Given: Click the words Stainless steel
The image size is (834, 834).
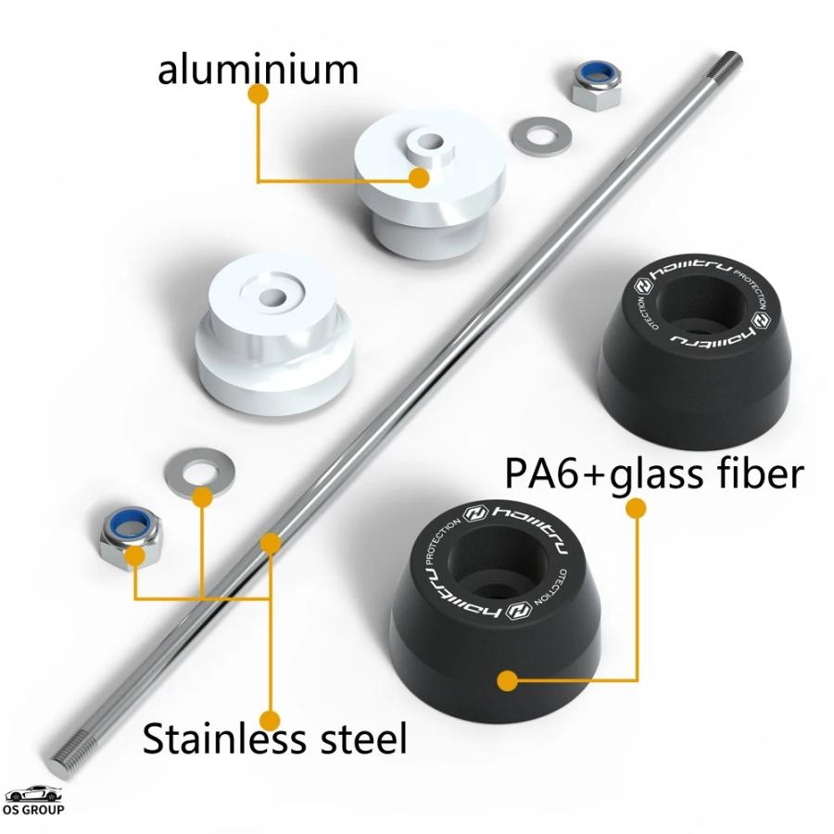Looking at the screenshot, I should point(274,739).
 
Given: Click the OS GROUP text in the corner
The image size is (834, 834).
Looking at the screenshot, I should point(33,811).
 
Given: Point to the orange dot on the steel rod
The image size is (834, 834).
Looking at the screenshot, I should point(270,543).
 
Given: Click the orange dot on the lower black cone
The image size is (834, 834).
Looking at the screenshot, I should point(506,681).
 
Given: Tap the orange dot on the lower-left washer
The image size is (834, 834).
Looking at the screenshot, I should point(202,498).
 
